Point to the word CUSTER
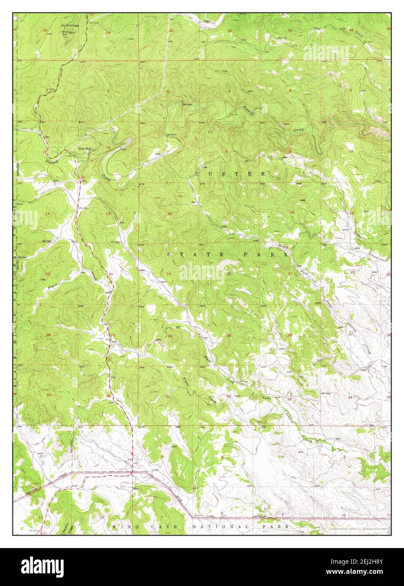[x=230, y=174]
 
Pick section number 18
[x=169, y=214]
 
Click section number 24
[x=111, y=274]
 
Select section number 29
[x=229, y=335]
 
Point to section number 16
[x=292, y=212]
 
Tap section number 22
[x=353, y=272]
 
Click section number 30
[x=170, y=336]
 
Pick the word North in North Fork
[x=282, y=246]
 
